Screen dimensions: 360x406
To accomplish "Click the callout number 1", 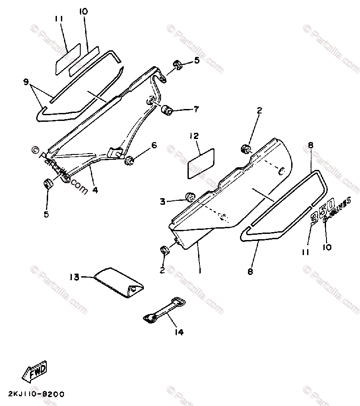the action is pyautogui.click(x=199, y=270).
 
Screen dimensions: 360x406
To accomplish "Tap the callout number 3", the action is pyautogui.click(x=163, y=202).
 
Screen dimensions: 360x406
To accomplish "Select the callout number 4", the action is pyautogui.click(x=95, y=191).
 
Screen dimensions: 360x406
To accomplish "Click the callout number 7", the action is pyautogui.click(x=196, y=109).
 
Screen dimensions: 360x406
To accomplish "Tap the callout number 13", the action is pyautogui.click(x=74, y=277).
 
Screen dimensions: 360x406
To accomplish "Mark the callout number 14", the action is pyautogui.click(x=180, y=332).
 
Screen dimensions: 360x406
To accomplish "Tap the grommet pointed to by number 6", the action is pyautogui.click(x=130, y=160).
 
